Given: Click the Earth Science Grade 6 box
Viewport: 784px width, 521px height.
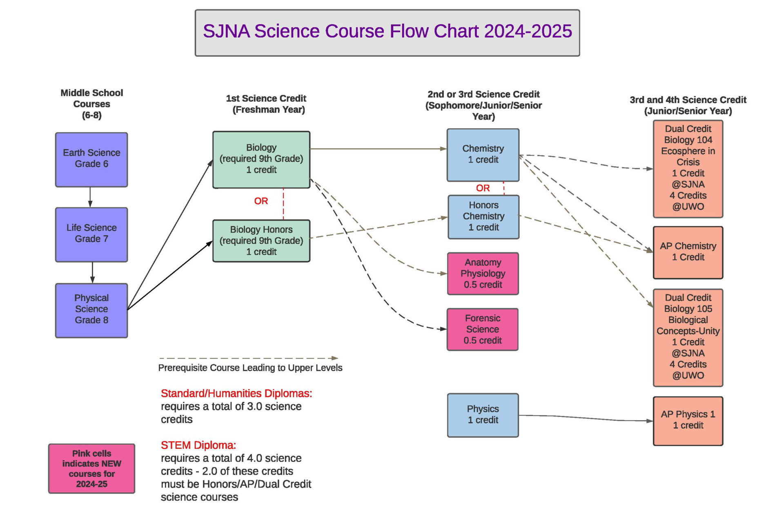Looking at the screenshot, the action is pyautogui.click(x=91, y=160).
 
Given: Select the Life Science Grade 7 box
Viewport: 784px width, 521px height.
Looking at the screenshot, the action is pyautogui.click(x=91, y=235).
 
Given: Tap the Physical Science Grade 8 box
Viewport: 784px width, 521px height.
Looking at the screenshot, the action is pyautogui.click(x=91, y=310).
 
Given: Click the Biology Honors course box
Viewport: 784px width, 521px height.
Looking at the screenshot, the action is pyautogui.click(x=261, y=241).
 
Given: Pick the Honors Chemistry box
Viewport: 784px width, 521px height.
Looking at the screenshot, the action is pyautogui.click(x=483, y=217).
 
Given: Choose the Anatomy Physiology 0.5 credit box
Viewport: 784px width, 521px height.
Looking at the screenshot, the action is pyautogui.click(x=483, y=274).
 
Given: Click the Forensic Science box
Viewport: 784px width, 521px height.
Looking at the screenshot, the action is pyautogui.click(x=483, y=330).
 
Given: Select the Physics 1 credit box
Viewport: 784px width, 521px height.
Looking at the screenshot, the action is pyautogui.click(x=483, y=415).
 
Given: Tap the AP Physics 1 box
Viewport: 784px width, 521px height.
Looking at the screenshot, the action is pyautogui.click(x=688, y=421).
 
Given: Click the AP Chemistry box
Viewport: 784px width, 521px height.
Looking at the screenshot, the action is pyautogui.click(x=688, y=253).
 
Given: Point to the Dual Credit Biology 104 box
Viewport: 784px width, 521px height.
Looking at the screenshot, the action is pyautogui.click(x=688, y=169).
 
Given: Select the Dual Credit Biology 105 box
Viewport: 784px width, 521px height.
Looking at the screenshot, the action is pyautogui.click(x=688, y=338).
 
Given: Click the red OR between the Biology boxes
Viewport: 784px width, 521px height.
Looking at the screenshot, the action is pyautogui.click(x=261, y=201).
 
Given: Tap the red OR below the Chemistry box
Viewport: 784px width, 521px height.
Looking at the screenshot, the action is pyautogui.click(x=483, y=188).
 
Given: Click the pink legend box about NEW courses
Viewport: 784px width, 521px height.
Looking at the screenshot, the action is pyautogui.click(x=91, y=469).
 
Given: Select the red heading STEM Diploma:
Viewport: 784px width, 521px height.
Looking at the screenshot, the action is pyautogui.click(x=198, y=445).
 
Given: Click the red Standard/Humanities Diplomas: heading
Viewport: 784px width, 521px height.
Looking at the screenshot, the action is pyautogui.click(x=236, y=393).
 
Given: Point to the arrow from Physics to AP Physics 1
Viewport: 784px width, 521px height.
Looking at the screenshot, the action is pyautogui.click(x=586, y=418).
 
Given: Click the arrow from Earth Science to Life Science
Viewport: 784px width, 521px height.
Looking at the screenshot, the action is pyautogui.click(x=90, y=197).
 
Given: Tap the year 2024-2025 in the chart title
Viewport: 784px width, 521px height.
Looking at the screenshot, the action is pyautogui.click(x=528, y=31).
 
